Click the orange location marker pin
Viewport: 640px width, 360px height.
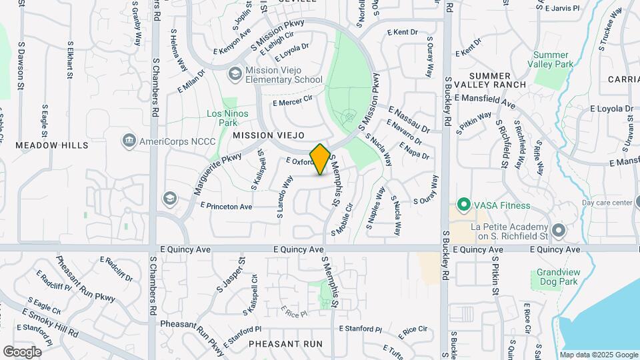coord(320,159)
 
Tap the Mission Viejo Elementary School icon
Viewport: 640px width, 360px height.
coord(234,74)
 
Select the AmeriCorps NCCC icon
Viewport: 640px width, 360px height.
coord(129,141)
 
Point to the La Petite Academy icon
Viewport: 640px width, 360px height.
coord(559,231)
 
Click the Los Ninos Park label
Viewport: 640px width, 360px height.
coord(227,118)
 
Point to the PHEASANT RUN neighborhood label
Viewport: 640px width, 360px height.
coord(285,344)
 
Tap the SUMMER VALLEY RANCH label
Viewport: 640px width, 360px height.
coord(497,80)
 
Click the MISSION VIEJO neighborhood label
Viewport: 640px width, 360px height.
coord(263,135)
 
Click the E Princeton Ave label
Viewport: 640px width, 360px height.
coord(226,207)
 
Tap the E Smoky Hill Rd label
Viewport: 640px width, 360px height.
coord(50,323)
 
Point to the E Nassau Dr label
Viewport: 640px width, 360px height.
coord(409,121)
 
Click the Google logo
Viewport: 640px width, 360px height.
coord(22,351)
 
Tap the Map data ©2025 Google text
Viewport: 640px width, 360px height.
coord(598,355)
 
